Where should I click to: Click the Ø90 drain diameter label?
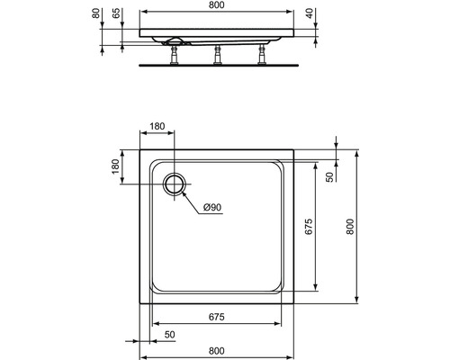(212, 207)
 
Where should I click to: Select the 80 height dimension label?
(95, 13)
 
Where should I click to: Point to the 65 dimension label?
(116, 13)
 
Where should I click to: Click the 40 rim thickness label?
(310, 13)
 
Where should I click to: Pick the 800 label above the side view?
(216, 5)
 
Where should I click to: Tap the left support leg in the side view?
(174, 55)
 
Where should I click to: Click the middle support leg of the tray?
(218, 55)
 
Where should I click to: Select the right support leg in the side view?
(262, 55)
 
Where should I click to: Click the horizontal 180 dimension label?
(157, 126)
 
